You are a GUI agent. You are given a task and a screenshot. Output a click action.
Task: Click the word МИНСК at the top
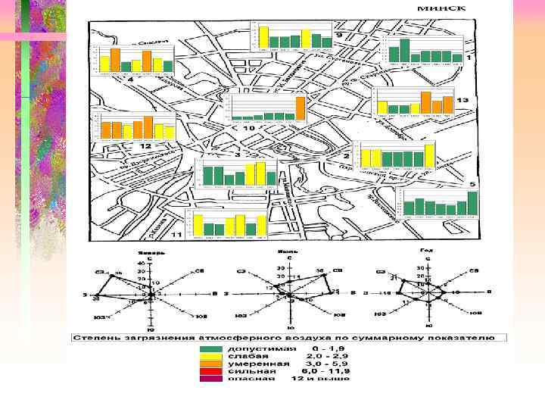[441, 9]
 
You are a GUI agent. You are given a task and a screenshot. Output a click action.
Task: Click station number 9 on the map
[338, 35]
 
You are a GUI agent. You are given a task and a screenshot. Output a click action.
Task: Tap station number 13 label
[462, 100]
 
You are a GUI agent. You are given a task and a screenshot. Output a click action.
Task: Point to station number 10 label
[248, 129]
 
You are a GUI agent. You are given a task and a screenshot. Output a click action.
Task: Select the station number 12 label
[145, 145]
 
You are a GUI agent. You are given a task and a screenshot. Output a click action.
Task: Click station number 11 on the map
[176, 236]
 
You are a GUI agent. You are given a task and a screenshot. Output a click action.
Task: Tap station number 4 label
[130, 79]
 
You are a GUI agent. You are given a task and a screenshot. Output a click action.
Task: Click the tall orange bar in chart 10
[300, 107]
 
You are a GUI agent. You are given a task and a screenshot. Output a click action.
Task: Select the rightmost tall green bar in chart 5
[472, 204]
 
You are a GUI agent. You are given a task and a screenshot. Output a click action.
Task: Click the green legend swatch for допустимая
[211, 348]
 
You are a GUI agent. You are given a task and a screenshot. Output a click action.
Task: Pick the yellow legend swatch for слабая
[211, 356]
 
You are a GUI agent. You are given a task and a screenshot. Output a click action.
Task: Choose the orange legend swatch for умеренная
[211, 364]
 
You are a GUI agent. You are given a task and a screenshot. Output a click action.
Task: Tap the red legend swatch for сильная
[211, 371]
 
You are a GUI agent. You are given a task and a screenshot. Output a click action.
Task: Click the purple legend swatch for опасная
[211, 379]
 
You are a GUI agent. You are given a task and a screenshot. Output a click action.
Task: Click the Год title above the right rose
[426, 250]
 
